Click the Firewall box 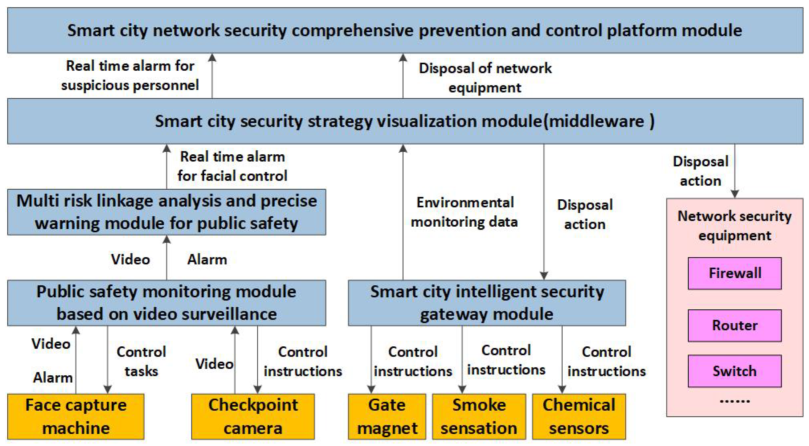734,273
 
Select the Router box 734,325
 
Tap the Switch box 734,371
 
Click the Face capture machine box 76,416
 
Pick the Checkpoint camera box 253,416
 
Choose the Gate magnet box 387,416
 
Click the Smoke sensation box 479,416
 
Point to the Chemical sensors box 579,416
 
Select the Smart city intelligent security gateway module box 487,303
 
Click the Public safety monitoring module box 166,303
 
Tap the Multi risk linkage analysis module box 166,212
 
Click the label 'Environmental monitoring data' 465,212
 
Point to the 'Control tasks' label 141,361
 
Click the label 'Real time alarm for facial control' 232,166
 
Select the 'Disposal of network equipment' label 485,78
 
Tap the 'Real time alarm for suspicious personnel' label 130,75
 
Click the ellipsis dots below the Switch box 734,401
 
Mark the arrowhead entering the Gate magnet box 371,389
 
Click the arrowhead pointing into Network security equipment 735,194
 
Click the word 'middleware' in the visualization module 596,121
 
